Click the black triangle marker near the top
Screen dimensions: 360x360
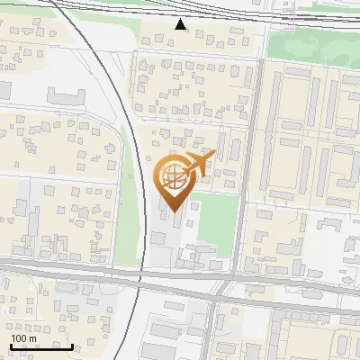181,23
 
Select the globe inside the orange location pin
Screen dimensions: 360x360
172,176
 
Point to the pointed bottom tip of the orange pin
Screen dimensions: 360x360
172,213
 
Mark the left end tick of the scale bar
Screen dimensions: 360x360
10,346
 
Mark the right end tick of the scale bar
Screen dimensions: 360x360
73,346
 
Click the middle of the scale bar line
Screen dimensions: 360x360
41,347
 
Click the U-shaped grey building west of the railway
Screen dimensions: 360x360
65,96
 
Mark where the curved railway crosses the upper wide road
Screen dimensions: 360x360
140,274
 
